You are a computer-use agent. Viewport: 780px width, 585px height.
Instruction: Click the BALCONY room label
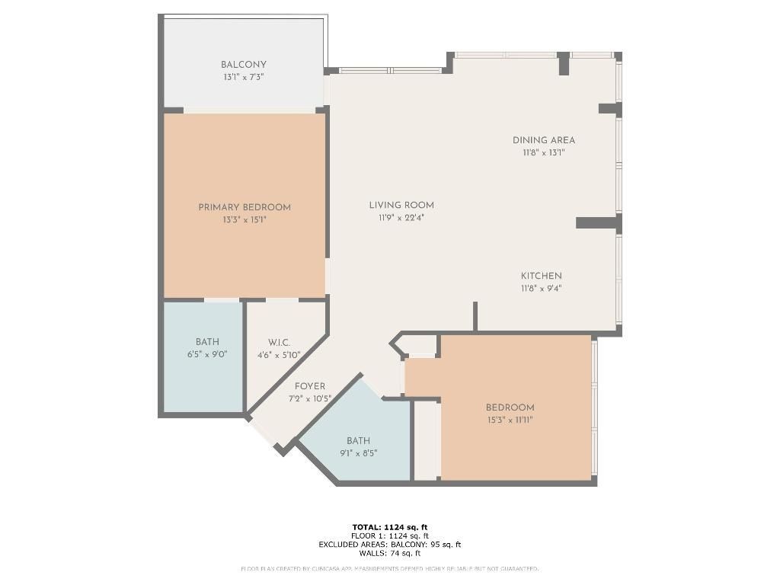(244, 65)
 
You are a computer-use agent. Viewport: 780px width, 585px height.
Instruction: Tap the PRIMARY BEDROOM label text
(245, 207)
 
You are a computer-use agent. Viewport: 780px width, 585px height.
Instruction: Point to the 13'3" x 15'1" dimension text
(245, 219)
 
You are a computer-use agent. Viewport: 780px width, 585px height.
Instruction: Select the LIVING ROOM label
(401, 205)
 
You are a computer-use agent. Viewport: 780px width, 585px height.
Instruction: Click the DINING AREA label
(543, 140)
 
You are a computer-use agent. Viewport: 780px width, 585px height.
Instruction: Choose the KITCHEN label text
(542, 276)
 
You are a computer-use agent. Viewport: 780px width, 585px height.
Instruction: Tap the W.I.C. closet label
(279, 343)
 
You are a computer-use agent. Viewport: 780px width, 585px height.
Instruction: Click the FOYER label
(310, 386)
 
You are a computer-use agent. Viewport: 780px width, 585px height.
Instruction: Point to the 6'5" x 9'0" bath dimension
(207, 354)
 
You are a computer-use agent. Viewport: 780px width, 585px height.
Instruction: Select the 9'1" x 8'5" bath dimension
(358, 452)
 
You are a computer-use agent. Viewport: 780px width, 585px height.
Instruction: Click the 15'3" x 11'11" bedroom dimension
(510, 420)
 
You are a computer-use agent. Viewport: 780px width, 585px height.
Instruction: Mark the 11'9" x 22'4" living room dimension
(401, 217)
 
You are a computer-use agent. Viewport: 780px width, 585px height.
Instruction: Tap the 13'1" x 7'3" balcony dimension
(244, 77)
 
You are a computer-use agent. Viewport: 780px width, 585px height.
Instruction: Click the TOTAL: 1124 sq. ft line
(390, 527)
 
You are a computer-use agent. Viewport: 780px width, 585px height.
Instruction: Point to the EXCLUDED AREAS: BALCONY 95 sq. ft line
(390, 545)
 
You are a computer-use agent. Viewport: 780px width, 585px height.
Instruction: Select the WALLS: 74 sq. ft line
(390, 553)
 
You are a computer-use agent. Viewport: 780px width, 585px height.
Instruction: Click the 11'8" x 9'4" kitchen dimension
(542, 288)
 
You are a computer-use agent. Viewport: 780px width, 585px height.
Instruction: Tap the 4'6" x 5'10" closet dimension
(279, 355)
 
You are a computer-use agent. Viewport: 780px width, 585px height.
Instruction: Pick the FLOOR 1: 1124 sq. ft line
(390, 535)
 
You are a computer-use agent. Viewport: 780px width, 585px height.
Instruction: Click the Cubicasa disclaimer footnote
(390, 569)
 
